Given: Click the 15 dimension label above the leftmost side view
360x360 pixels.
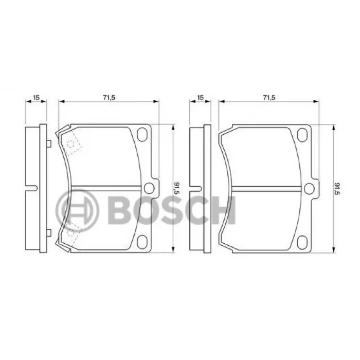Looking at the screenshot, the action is coord(37,97).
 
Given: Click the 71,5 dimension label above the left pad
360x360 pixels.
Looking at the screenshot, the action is coord(109,97).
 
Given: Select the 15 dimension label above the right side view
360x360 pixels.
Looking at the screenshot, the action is coord(201,97).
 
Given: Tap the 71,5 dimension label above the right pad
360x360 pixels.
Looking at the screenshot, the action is coord(269,97).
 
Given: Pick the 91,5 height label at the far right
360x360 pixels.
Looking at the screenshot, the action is coord(337,188).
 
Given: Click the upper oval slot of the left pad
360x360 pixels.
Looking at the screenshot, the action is coord(142,135).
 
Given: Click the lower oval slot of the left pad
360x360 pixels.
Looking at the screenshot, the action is coord(142,242).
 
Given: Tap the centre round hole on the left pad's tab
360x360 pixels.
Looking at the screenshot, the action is coord(149,188).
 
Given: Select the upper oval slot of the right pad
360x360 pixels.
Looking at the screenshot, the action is coord(302,135).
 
